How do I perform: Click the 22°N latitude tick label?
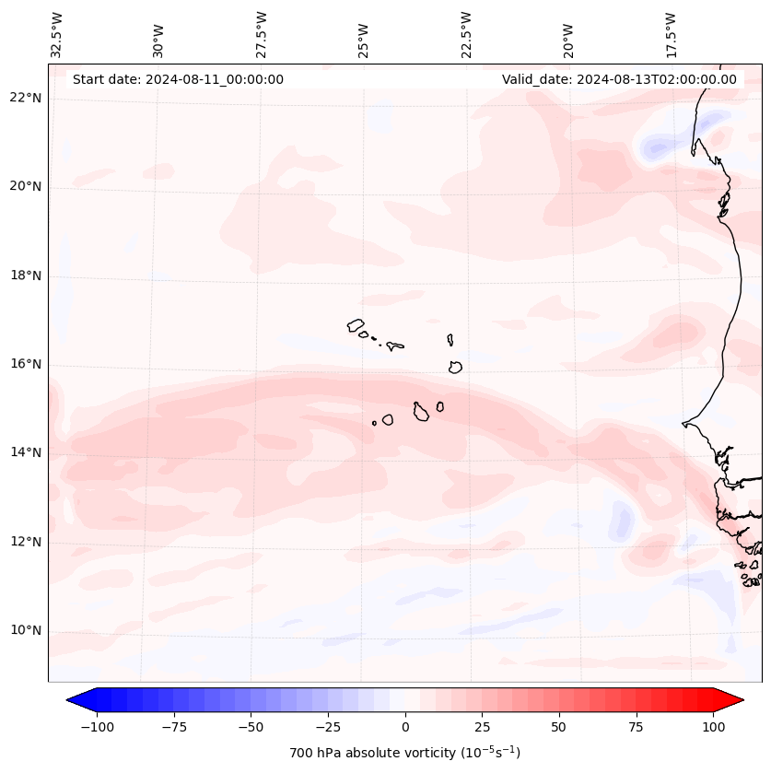26,98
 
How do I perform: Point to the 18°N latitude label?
26,275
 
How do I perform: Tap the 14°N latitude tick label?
26,452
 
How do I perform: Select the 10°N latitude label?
26,630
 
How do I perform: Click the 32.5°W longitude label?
57,33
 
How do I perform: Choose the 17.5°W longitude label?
671,33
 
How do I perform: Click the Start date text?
178,79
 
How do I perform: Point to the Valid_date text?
619,79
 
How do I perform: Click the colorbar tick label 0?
405,727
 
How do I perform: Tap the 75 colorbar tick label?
636,727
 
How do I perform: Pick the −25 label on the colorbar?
328,727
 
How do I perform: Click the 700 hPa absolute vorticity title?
405,753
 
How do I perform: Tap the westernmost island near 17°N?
356,325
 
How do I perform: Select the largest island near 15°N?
421,412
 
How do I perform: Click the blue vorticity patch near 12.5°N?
622,523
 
